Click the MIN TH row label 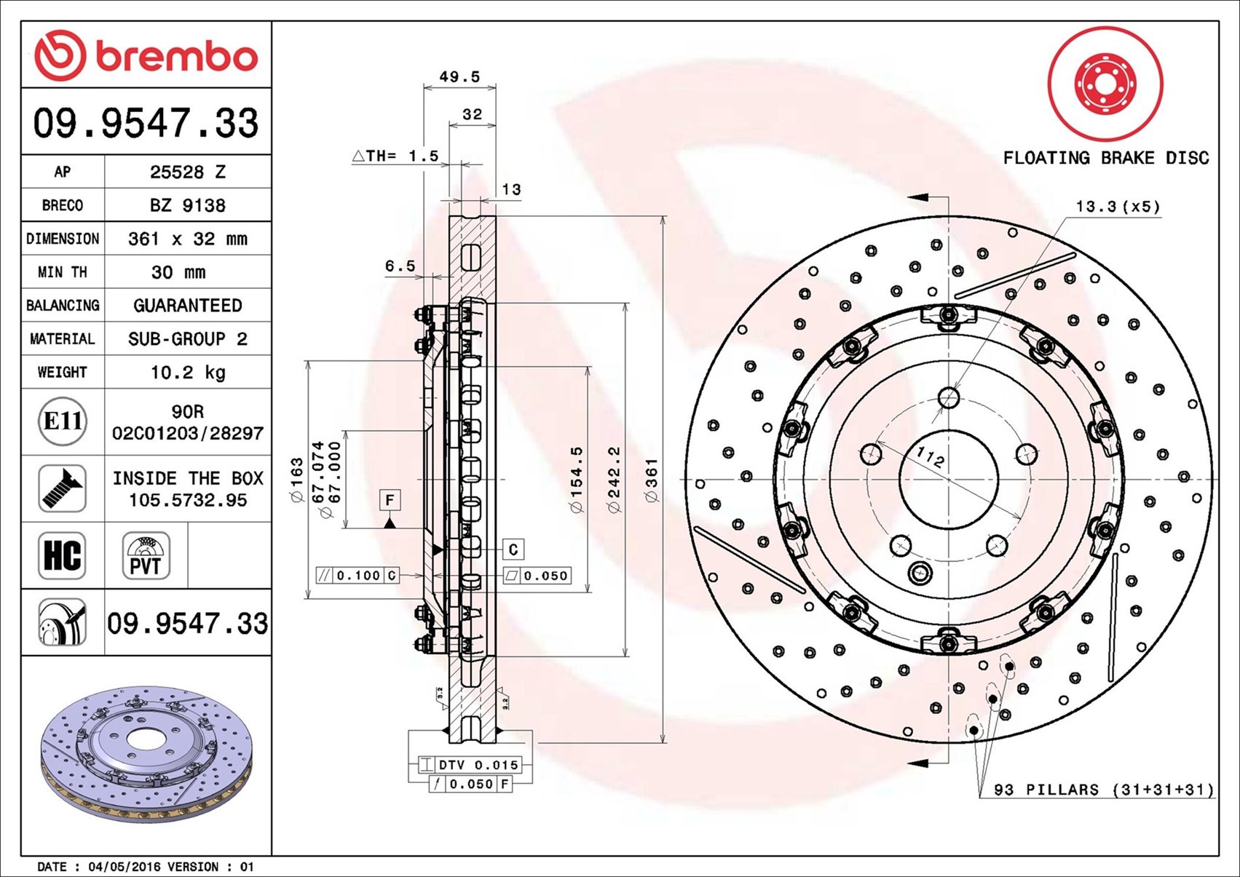pyautogui.click(x=62, y=272)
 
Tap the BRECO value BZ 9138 pyautogui.click(x=188, y=205)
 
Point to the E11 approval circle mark pyautogui.click(x=63, y=421)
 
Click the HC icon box pyautogui.click(x=62, y=555)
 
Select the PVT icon pyautogui.click(x=146, y=555)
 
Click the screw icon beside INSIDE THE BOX pyautogui.click(x=62, y=488)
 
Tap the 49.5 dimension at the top pyautogui.click(x=459, y=76)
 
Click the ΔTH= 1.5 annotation pyautogui.click(x=395, y=156)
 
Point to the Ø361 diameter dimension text pyautogui.click(x=652, y=480)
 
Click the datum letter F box pyautogui.click(x=390, y=500)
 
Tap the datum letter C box pyautogui.click(x=513, y=549)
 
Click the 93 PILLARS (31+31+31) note pyautogui.click(x=1104, y=790)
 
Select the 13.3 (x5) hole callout pyautogui.click(x=1118, y=207)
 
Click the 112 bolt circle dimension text pyautogui.click(x=930, y=457)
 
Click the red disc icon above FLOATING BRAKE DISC pyautogui.click(x=1105, y=84)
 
